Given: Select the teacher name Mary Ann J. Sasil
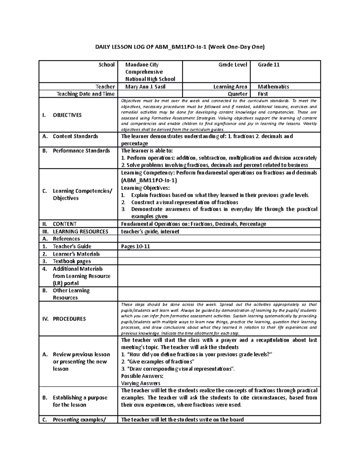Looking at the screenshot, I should click(x=145, y=87).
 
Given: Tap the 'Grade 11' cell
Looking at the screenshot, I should click(x=268, y=65).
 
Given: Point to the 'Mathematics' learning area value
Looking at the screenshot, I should click(x=273, y=87).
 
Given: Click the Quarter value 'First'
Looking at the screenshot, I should click(x=263, y=94).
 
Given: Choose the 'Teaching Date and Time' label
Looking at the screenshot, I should click(x=85, y=94).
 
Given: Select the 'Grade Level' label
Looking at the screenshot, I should click(x=232, y=65).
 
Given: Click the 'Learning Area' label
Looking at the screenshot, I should click(x=230, y=87).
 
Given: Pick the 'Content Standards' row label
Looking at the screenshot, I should click(x=75, y=136).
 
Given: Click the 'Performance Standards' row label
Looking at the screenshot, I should click(x=81, y=151).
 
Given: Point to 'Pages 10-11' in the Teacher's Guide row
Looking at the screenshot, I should click(x=135, y=247).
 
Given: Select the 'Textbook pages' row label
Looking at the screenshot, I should click(x=72, y=261).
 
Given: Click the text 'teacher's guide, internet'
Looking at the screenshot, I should click(x=150, y=232).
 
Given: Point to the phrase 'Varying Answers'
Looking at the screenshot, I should click(x=140, y=383).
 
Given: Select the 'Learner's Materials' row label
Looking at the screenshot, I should click(x=76, y=254).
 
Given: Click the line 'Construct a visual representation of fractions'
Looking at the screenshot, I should click(x=184, y=203).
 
